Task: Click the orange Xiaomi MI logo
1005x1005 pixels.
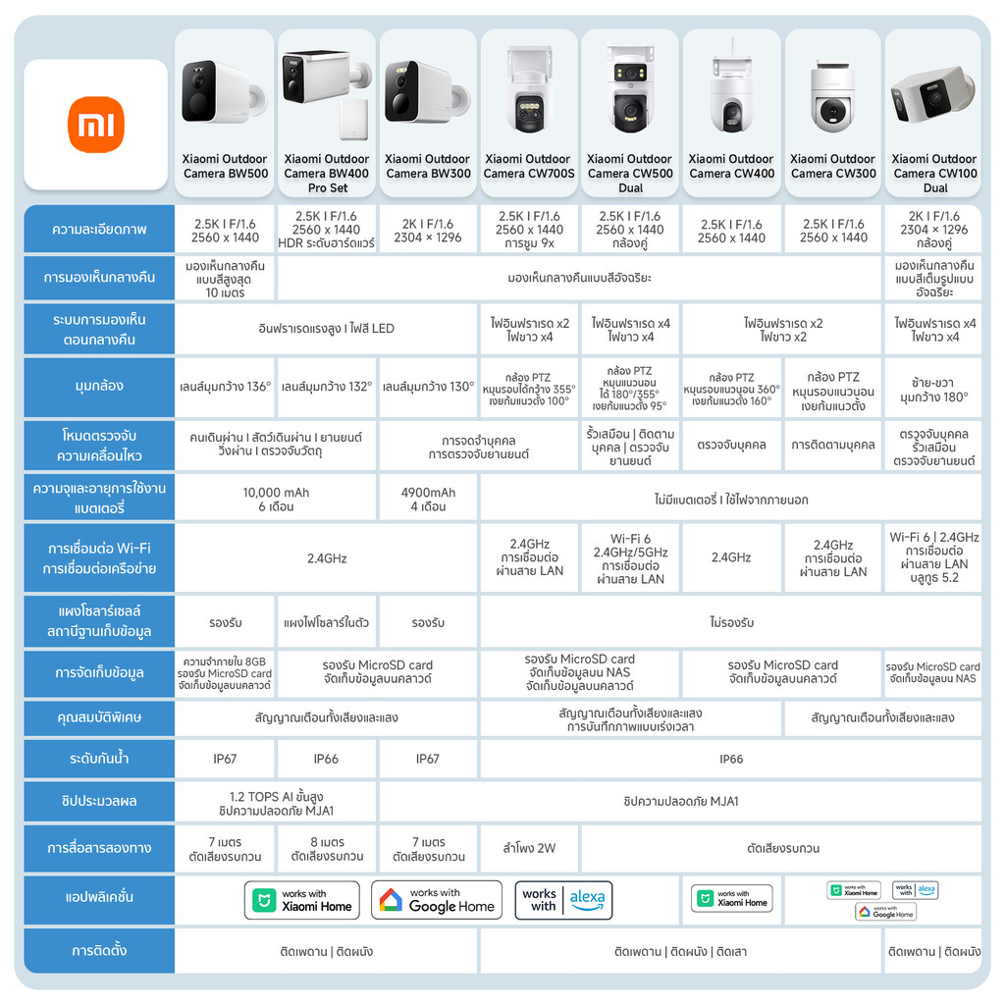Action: pos(96,124)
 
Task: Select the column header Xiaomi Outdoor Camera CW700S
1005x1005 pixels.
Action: pos(528,166)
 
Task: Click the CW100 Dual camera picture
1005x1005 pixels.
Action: pos(933,94)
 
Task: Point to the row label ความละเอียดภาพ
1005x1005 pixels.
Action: pos(98,230)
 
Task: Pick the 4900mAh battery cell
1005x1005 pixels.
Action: pos(428,499)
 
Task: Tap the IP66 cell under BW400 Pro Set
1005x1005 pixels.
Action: pos(326,759)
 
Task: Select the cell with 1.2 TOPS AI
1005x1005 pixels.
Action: pos(276,802)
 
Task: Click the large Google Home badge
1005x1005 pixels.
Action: pos(437,900)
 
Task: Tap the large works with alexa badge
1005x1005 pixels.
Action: pos(563,900)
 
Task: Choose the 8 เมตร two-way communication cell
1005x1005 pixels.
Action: pos(326,849)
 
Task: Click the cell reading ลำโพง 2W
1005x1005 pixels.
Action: pos(528,848)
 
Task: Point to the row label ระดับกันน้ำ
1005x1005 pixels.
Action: pos(98,759)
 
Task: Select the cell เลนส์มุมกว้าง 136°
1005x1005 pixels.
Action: pos(225,386)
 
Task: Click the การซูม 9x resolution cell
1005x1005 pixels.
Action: pos(528,230)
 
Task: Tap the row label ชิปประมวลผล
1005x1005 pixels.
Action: pos(98,801)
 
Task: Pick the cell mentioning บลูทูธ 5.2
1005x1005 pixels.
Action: pos(933,557)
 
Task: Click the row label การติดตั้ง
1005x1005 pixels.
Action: pos(98,950)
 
